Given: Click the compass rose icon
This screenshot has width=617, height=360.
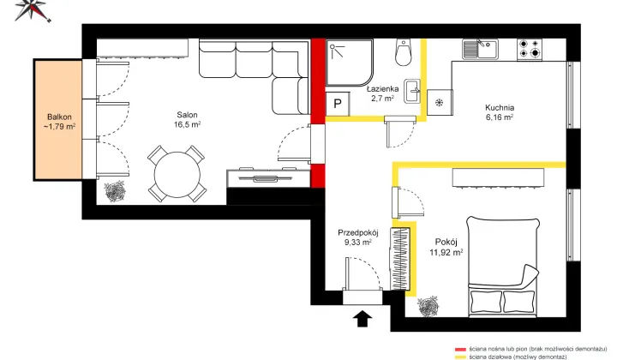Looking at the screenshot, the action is pyautogui.click(x=33, y=9).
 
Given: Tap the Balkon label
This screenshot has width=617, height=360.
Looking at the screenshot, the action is pyautogui.click(x=59, y=117).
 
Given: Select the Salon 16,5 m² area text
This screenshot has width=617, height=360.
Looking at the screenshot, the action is pyautogui.click(x=188, y=120).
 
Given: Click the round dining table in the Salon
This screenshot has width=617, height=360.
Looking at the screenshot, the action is pyautogui.click(x=177, y=175).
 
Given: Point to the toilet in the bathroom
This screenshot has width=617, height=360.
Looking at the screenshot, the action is pyautogui.click(x=404, y=52).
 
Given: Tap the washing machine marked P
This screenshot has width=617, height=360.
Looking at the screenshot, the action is pyautogui.click(x=338, y=104).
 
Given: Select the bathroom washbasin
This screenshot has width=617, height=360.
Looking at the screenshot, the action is pyautogui.click(x=412, y=92).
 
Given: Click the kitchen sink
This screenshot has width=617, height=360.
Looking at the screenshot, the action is pyautogui.click(x=480, y=49).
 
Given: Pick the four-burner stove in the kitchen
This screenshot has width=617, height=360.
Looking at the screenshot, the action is pyautogui.click(x=530, y=49).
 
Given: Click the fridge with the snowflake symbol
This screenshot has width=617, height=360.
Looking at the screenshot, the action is pyautogui.click(x=440, y=103).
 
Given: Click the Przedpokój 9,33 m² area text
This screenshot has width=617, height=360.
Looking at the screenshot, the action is pyautogui.click(x=358, y=237).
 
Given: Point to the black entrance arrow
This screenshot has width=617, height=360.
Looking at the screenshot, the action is pyautogui.click(x=362, y=318).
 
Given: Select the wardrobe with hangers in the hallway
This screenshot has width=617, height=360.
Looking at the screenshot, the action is pyautogui.click(x=400, y=259).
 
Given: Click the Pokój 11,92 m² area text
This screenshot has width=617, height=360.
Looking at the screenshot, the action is pyautogui.click(x=446, y=247).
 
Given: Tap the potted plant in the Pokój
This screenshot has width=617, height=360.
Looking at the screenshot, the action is pyautogui.click(x=428, y=307).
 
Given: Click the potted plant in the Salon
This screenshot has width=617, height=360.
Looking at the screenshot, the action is pyautogui.click(x=115, y=192).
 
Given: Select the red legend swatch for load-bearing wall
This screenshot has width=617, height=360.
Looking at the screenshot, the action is pyautogui.click(x=460, y=349).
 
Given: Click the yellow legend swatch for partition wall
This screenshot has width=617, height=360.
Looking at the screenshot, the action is pyautogui.click(x=460, y=357).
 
